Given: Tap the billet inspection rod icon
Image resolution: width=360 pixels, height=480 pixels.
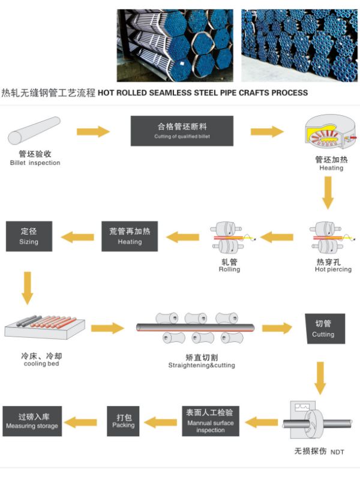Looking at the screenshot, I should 35,130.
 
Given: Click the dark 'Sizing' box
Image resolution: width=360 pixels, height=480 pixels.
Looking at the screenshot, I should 29,236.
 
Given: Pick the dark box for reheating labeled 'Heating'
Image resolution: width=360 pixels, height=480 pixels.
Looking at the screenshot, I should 130,236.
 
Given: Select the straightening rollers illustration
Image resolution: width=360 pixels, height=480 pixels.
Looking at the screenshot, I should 195,328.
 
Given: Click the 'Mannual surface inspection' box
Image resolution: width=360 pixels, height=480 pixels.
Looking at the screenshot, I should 211,421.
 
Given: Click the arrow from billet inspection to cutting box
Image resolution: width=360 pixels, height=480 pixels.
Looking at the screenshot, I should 94,131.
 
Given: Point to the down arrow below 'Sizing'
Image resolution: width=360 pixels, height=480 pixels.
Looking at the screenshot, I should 27,287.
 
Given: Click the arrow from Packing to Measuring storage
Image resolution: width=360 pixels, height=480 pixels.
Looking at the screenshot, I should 80,422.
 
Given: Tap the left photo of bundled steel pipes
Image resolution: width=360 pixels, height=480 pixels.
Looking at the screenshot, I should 175,45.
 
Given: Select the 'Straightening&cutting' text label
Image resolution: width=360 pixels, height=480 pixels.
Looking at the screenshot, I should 202,365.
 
